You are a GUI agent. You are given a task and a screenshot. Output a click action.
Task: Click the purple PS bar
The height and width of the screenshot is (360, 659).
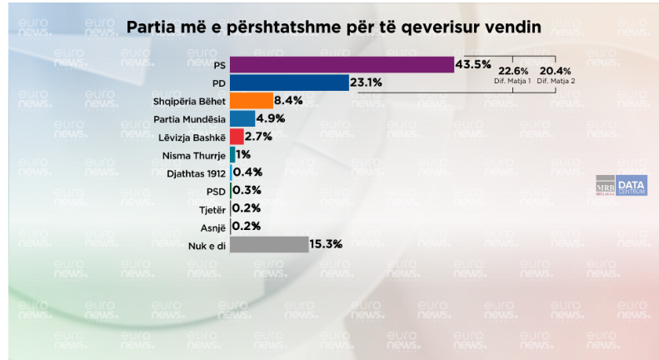pyautogui.click(x=342, y=65)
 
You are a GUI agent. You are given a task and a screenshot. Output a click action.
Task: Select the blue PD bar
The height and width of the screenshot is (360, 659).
pyautogui.click(x=289, y=82)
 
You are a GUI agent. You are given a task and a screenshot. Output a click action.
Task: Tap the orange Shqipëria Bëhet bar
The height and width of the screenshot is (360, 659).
pyautogui.click(x=251, y=101)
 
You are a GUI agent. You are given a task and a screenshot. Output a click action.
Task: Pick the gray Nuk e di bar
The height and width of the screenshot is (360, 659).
pyautogui.click(x=269, y=244)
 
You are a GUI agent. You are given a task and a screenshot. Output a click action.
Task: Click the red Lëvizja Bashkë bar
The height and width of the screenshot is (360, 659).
pyautogui.click(x=237, y=137)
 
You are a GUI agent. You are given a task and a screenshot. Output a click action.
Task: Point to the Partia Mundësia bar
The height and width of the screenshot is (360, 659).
pyautogui.click(x=242, y=118)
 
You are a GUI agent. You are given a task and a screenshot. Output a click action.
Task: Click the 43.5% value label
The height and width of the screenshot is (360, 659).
pyautogui.click(x=473, y=64)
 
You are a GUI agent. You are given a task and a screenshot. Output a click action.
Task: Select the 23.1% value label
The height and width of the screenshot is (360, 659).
pyautogui.click(x=367, y=82)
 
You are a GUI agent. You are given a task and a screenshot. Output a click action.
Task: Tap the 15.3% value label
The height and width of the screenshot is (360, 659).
pyautogui.click(x=327, y=244)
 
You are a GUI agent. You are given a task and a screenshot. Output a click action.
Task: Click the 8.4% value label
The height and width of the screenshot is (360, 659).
pyautogui.click(x=288, y=101)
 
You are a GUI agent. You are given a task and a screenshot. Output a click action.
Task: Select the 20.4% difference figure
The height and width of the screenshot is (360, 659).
pyautogui.click(x=555, y=71)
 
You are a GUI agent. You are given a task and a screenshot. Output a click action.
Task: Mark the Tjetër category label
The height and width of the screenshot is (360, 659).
pyautogui.click(x=212, y=208)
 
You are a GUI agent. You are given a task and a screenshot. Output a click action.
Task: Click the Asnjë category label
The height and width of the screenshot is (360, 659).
pyautogui.click(x=212, y=226)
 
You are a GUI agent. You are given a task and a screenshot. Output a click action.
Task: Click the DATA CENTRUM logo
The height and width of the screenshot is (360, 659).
pyautogui.click(x=632, y=185)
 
